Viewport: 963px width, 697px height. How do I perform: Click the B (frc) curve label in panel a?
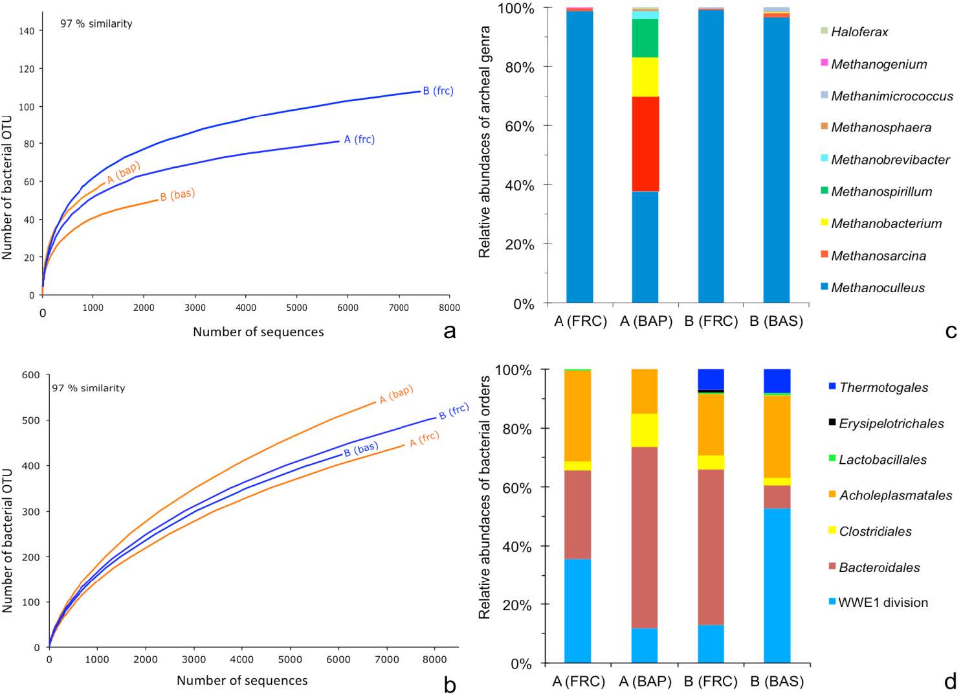coord(438,91)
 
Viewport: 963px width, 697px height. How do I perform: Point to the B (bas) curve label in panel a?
coord(177,194)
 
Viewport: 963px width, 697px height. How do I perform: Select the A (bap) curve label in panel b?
coord(396,394)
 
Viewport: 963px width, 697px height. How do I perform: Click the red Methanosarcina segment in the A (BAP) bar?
coord(645,144)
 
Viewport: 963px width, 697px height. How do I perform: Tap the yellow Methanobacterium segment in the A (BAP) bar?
coord(645,77)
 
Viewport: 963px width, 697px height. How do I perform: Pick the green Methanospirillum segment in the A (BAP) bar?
coord(645,38)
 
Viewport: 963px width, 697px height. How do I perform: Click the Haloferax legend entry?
coord(859,32)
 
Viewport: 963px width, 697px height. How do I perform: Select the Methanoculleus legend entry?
coord(877,288)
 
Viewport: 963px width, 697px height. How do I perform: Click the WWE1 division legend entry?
coord(883,602)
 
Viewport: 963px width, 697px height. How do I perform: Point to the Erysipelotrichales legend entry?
coord(891,424)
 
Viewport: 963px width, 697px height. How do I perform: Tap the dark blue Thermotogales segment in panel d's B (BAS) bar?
coord(777,381)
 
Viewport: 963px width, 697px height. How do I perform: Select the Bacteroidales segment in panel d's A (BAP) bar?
coord(645,537)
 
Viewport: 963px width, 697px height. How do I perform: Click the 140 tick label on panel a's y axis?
coord(27,30)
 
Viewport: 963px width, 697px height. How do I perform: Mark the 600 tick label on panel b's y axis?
coord(31,375)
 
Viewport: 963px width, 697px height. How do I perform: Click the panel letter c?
coord(951,331)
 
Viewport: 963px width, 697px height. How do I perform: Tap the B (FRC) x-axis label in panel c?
coord(711,321)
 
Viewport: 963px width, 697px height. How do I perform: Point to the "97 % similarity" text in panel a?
coord(96,24)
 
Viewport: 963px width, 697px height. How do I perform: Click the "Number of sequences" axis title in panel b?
coord(242,681)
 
